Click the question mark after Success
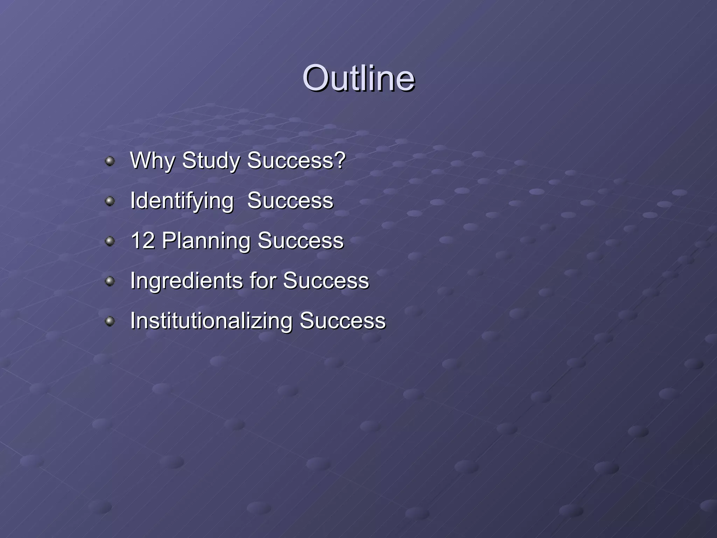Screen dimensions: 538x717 339,160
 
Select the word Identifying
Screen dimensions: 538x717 182,201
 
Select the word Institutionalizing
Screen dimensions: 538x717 211,321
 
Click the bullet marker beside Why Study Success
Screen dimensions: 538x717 110,161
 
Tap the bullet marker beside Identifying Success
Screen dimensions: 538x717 110,201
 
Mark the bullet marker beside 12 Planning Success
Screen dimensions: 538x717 110,241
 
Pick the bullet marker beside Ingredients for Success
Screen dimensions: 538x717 110,281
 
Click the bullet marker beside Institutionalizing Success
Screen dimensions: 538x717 110,321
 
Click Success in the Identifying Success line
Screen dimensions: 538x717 290,201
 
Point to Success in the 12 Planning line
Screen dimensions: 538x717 301,241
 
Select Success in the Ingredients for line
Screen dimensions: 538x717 326,281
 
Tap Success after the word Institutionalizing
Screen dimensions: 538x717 342,321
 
